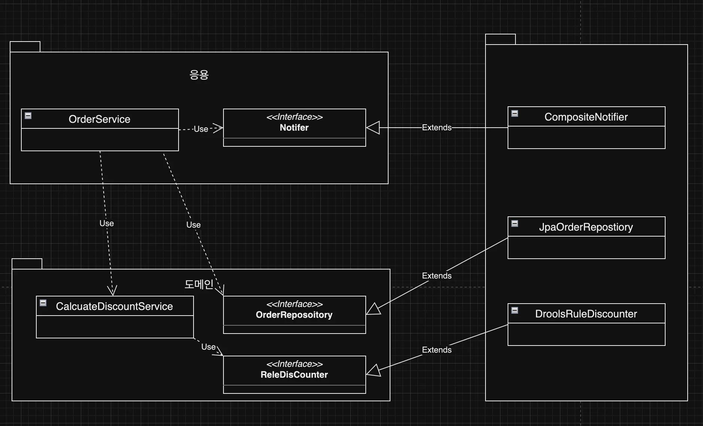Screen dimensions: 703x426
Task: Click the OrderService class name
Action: (100, 119)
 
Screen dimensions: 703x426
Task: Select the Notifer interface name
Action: (294, 128)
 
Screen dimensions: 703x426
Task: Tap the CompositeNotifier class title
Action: (586, 117)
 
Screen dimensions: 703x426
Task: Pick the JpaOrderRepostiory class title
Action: (586, 227)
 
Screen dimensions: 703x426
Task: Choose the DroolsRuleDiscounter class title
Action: (586, 314)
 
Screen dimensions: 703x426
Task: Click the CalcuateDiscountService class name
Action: (114, 306)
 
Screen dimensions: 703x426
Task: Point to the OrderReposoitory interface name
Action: (294, 315)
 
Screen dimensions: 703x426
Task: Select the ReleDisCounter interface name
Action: (294, 375)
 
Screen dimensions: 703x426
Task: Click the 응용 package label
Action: (199, 75)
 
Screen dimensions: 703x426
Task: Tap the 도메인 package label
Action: (199, 284)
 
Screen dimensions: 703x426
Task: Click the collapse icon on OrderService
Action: (28, 116)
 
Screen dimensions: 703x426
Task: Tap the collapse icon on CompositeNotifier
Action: (515, 113)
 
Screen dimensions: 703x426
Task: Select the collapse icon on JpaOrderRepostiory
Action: (515, 223)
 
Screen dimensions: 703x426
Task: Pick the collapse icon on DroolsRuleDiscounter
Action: (515, 310)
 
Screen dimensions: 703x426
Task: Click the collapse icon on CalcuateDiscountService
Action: (43, 303)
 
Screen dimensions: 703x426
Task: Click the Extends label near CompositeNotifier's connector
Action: (437, 128)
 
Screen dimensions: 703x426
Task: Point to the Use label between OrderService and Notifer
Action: (201, 129)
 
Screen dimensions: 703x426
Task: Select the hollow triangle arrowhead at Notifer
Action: (373, 128)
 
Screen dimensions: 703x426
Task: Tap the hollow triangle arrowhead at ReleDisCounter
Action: (374, 371)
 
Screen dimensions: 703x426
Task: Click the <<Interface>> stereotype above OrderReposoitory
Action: (294, 304)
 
